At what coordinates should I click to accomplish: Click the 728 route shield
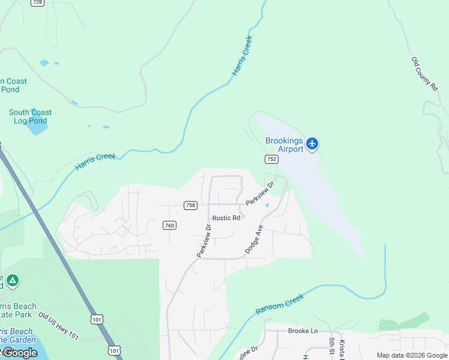[37, 2]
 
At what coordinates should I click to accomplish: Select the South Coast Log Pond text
[30, 116]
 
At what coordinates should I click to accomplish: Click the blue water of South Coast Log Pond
[37, 127]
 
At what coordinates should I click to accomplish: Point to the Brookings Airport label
[285, 145]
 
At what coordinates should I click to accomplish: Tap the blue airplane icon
[312, 143]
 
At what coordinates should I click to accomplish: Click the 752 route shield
[271, 159]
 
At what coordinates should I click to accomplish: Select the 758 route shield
[190, 205]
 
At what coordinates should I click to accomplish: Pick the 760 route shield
[169, 226]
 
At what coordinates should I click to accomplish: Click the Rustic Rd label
[226, 218]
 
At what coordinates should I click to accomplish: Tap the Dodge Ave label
[254, 239]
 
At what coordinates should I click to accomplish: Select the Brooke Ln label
[303, 331]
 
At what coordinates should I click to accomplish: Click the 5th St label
[331, 347]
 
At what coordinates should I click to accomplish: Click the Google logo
[19, 353]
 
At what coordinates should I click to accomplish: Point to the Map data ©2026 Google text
[411, 355]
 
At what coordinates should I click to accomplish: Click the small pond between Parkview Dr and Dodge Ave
[267, 206]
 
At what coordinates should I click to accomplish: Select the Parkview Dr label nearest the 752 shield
[259, 193]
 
